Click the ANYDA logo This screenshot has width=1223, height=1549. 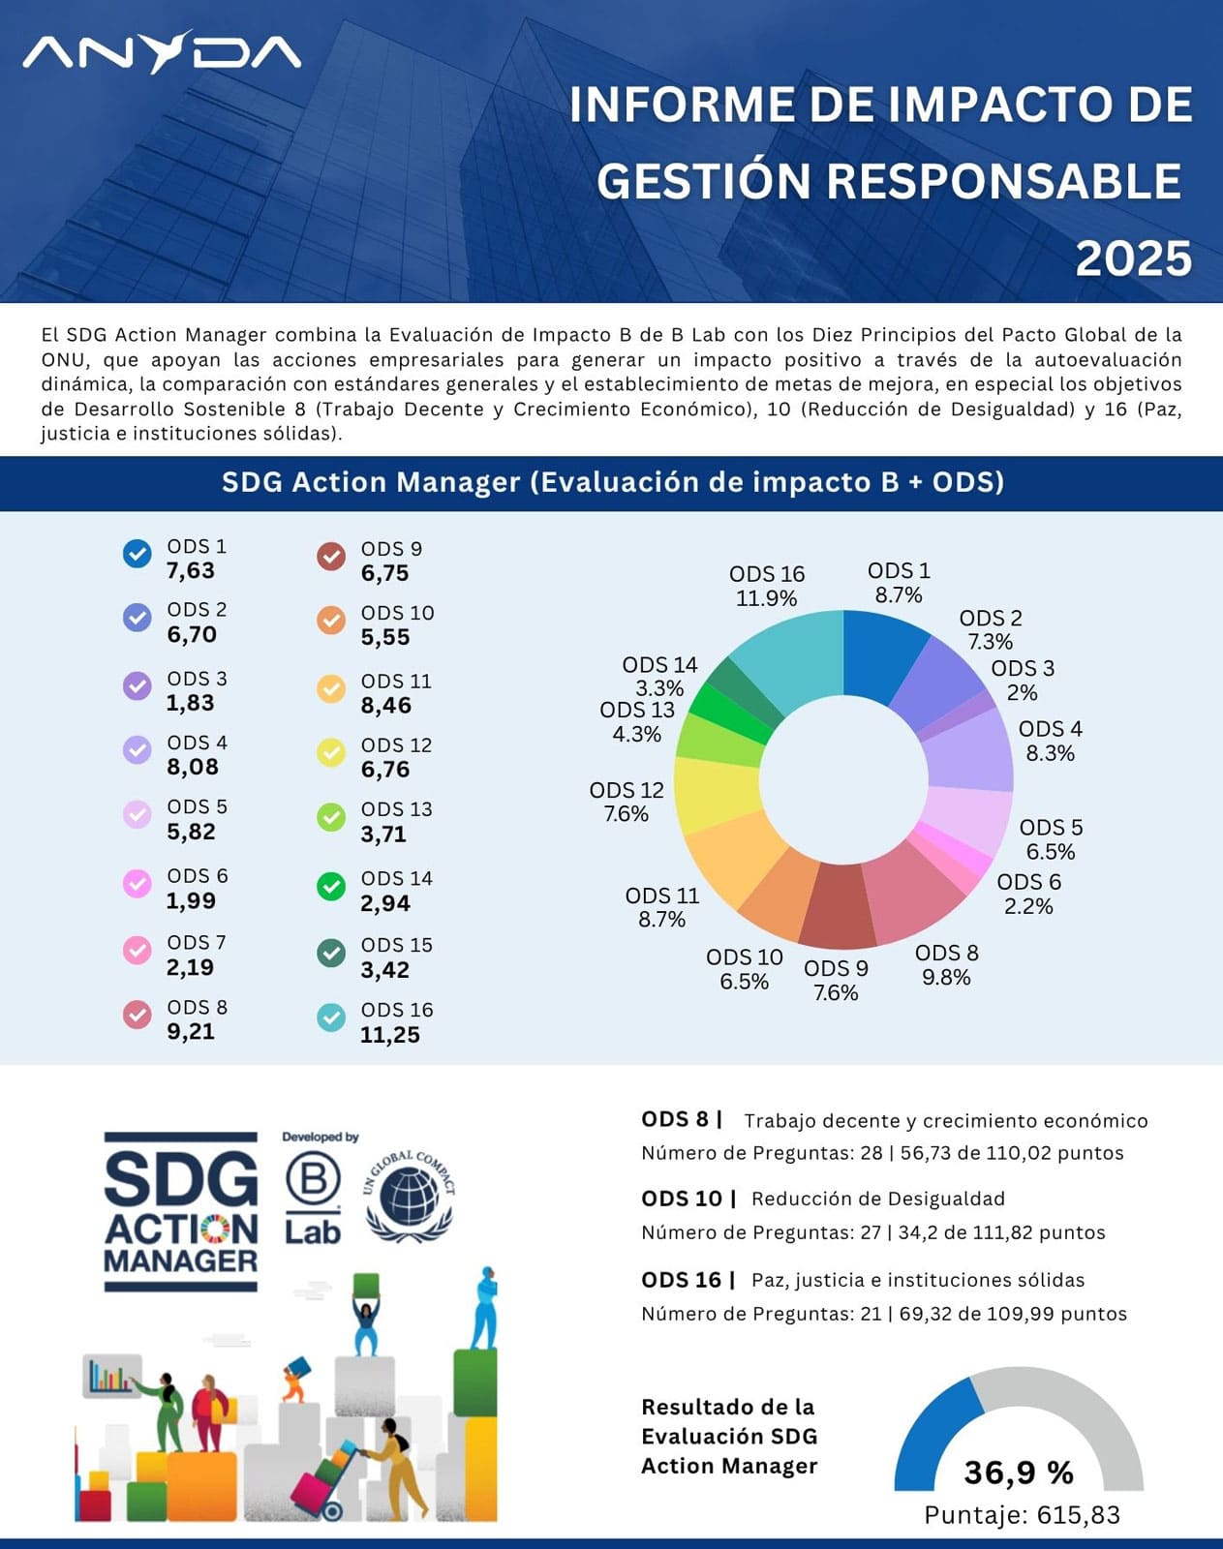(x=162, y=53)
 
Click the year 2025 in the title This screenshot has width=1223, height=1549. (x=1133, y=259)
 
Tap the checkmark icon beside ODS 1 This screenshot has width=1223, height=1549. (x=138, y=554)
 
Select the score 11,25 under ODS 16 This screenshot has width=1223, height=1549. (x=389, y=1035)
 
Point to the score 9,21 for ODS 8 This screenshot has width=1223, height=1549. (x=191, y=1031)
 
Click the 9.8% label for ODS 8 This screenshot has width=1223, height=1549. (x=946, y=978)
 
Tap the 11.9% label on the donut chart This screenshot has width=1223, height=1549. (x=766, y=598)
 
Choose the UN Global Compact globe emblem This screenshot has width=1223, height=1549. (x=410, y=1197)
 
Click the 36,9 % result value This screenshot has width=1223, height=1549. (x=1019, y=1473)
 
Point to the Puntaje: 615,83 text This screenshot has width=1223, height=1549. (x=1022, y=1515)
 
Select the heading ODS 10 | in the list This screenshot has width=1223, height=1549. (x=688, y=1199)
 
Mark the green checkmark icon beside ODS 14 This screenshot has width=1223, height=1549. (x=331, y=887)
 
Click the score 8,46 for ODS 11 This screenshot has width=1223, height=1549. (x=385, y=706)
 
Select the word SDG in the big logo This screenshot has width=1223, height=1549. (x=181, y=1179)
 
